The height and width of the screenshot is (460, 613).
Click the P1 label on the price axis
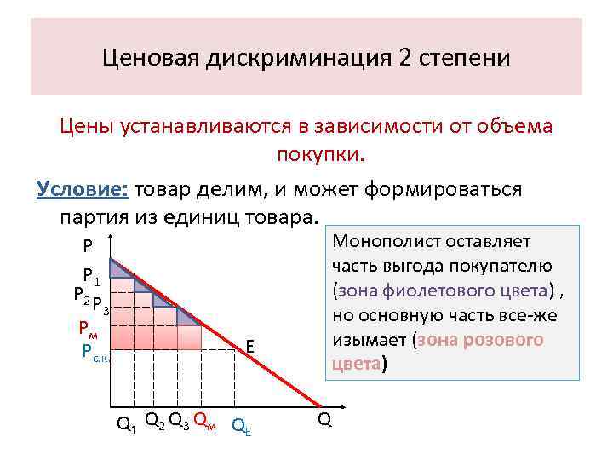pyautogui.click(x=91, y=276)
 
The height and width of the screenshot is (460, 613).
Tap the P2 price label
pyautogui.click(x=82, y=294)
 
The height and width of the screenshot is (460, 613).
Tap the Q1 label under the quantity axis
pyautogui.click(x=126, y=423)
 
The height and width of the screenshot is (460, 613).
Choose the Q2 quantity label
pyautogui.click(x=154, y=419)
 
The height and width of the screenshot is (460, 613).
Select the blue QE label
pyautogui.click(x=243, y=423)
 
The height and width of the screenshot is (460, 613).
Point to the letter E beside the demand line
pyautogui.click(x=250, y=347)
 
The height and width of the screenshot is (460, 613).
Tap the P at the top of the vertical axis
pyautogui.click(x=89, y=247)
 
